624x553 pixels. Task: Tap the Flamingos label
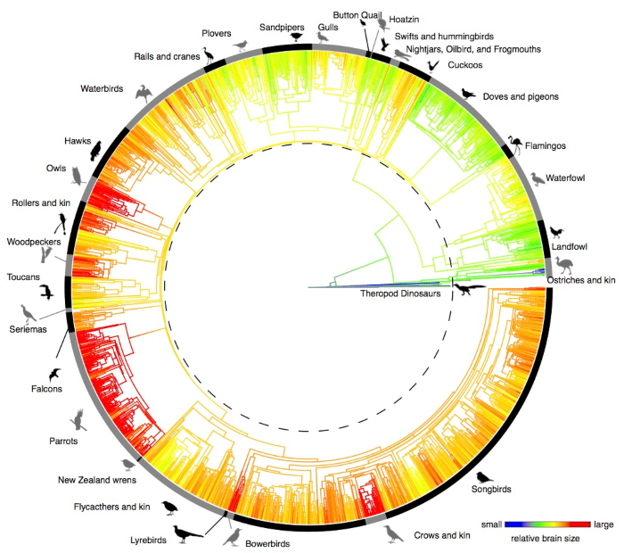click(546, 145)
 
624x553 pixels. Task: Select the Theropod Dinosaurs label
click(400, 293)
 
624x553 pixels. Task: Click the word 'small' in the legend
click(493, 524)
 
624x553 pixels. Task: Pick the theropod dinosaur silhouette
click(471, 288)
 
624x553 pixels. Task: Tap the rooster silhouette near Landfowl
click(558, 234)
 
